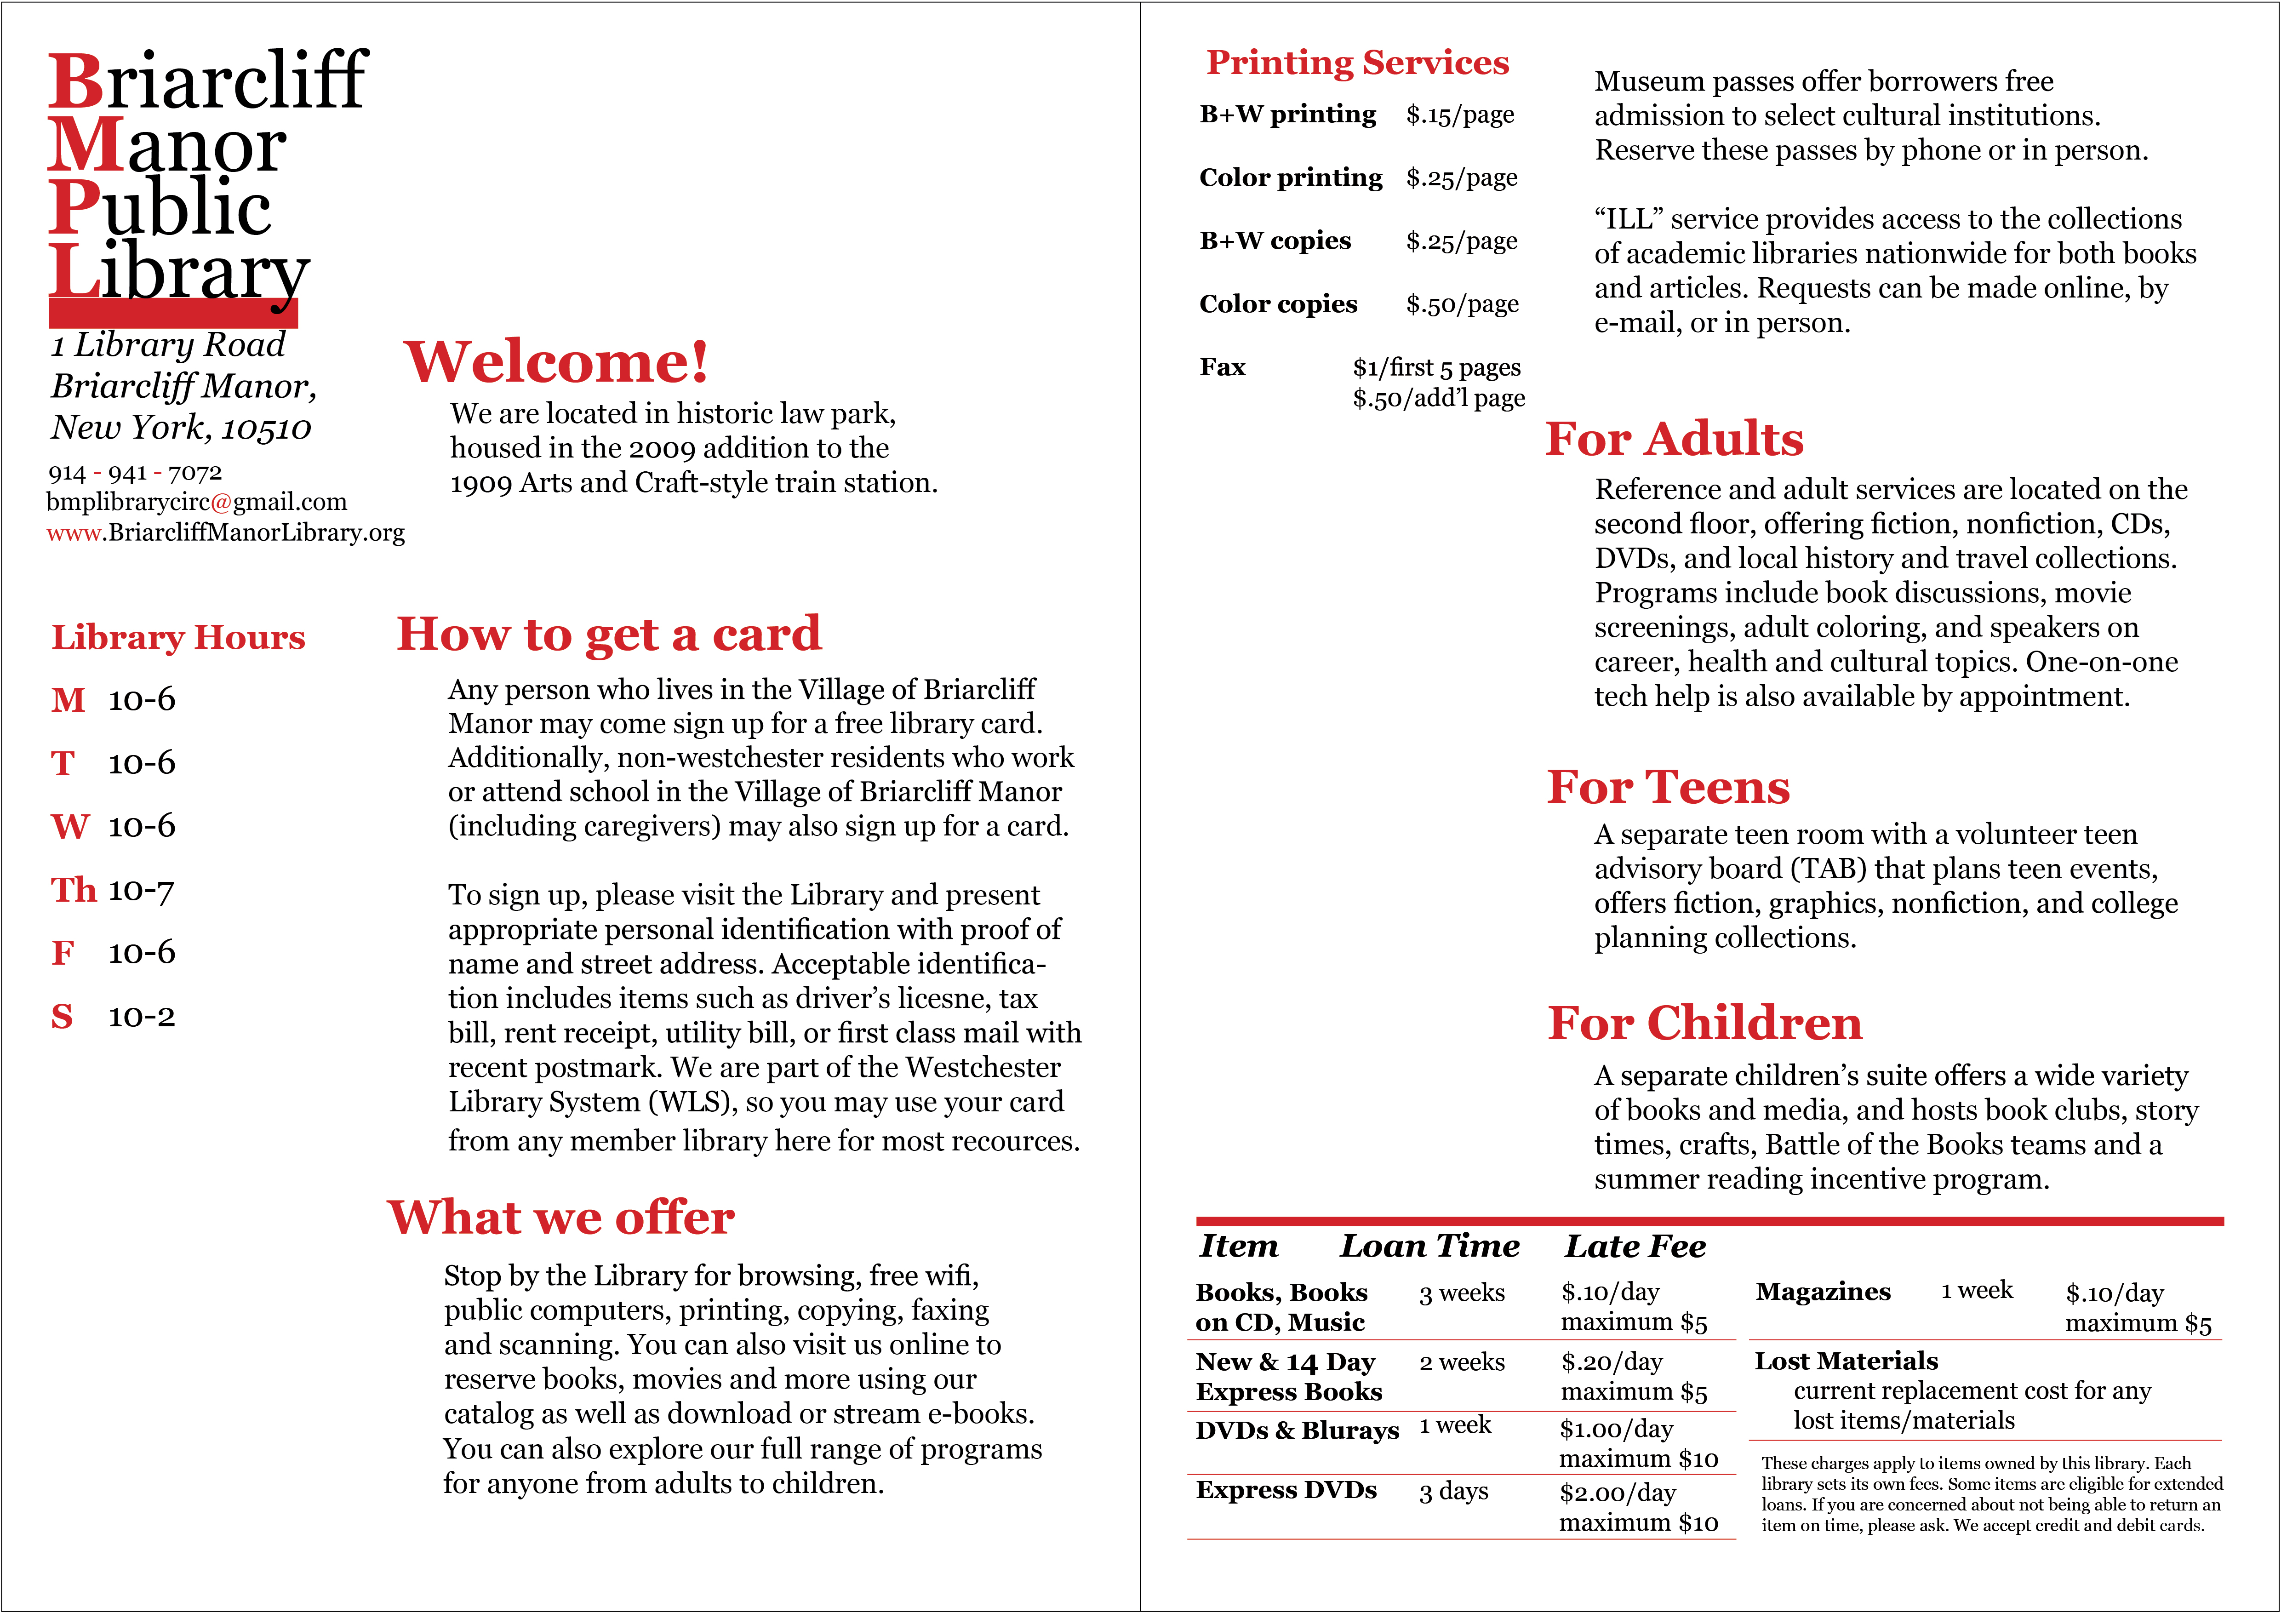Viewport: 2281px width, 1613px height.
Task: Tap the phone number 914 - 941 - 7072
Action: click(x=135, y=473)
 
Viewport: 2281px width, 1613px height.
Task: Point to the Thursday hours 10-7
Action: click(x=141, y=890)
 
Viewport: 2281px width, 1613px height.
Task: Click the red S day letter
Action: click(x=62, y=1016)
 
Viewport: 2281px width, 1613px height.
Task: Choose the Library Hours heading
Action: click(x=178, y=637)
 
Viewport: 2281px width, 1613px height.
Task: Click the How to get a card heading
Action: click(x=609, y=634)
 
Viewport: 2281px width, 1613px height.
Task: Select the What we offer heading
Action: click(x=561, y=1218)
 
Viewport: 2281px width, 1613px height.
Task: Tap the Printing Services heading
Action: click(x=1357, y=63)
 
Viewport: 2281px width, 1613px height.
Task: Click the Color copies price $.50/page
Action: click(x=1461, y=304)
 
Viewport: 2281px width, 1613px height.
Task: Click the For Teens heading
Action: click(x=1668, y=788)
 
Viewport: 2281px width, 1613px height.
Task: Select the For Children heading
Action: click(x=1705, y=1023)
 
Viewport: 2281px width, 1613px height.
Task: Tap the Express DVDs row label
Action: click(x=1286, y=1490)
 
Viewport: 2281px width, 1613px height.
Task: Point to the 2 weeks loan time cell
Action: click(x=1461, y=1361)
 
